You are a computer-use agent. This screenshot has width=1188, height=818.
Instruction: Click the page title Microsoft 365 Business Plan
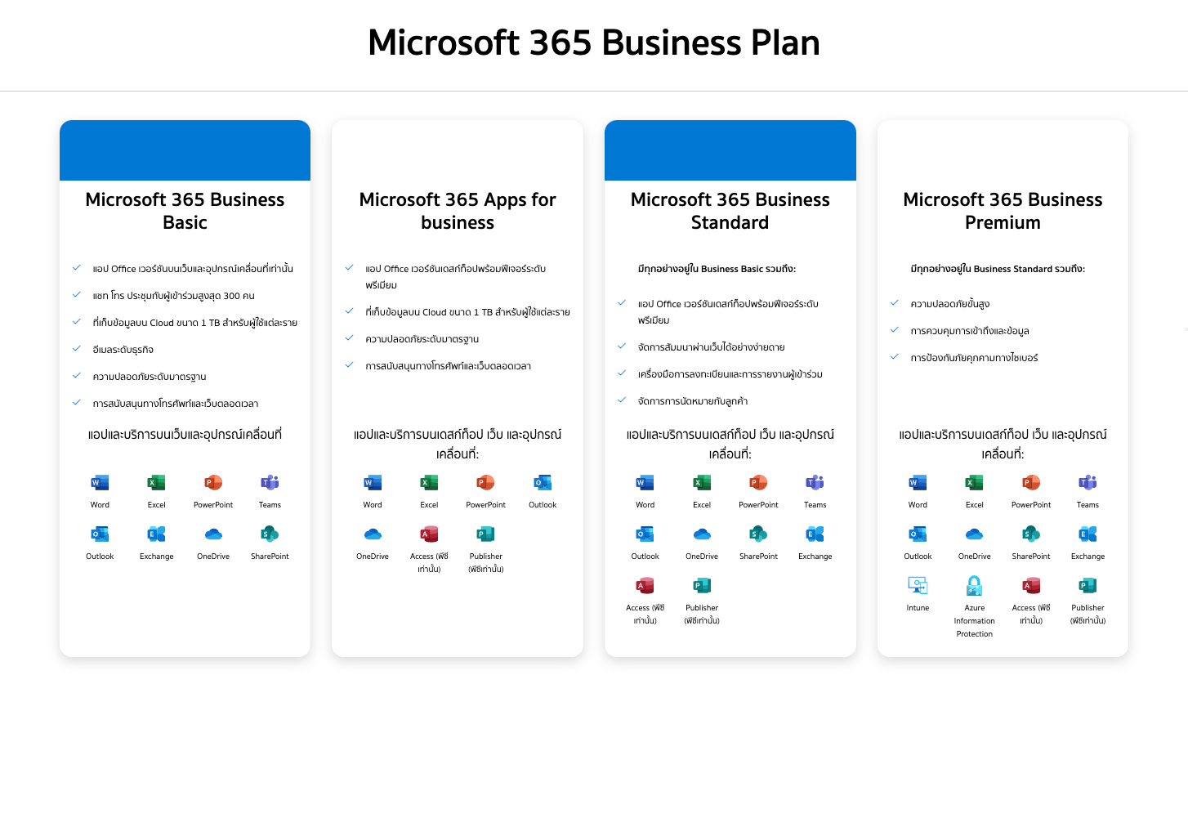pyautogui.click(x=594, y=42)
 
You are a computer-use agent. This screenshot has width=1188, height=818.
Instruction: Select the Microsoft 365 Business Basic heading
pyautogui.click(x=185, y=211)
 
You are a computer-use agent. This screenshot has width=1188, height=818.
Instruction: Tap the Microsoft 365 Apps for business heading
pyautogui.click(x=458, y=211)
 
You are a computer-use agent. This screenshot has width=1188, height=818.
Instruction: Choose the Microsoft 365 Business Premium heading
pyautogui.click(x=1003, y=211)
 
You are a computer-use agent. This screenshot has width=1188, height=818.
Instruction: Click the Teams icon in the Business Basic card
pyautogui.click(x=270, y=482)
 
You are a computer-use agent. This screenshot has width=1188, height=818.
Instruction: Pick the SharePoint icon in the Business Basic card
pyautogui.click(x=270, y=534)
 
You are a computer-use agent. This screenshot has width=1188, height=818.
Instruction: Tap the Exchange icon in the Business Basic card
pyautogui.click(x=156, y=534)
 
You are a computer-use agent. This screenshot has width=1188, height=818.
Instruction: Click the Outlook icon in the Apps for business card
pyautogui.click(x=543, y=482)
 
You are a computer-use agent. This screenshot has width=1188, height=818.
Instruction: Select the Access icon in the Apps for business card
pyautogui.click(x=429, y=534)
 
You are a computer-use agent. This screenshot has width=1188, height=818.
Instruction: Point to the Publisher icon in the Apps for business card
pyautogui.click(x=486, y=534)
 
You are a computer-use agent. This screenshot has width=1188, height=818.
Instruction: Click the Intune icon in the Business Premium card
pyautogui.click(x=918, y=585)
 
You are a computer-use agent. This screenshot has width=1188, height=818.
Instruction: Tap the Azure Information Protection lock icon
pyautogui.click(x=974, y=585)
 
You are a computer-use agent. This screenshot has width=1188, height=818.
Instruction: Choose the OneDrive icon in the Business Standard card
pyautogui.click(x=702, y=534)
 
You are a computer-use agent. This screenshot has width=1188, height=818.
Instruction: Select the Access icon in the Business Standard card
pyautogui.click(x=645, y=585)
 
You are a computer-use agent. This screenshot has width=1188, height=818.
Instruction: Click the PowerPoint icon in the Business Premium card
pyautogui.click(x=1031, y=482)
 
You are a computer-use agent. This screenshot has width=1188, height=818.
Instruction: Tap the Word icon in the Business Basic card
pyautogui.click(x=100, y=482)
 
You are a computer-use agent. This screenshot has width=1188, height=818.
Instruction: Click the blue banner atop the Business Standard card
pyautogui.click(x=730, y=150)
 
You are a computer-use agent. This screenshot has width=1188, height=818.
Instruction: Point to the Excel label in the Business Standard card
pyautogui.click(x=702, y=504)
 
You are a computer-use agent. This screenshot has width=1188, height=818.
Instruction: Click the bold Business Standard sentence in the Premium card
pyautogui.click(x=998, y=269)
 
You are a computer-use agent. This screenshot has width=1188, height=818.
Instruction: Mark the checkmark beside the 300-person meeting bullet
pyautogui.click(x=77, y=294)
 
